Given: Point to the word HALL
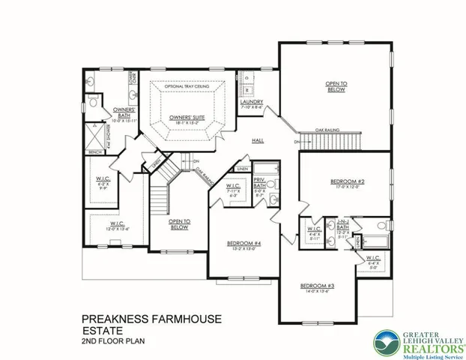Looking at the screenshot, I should pyautogui.click(x=258, y=140).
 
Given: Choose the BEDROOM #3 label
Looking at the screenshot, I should pyautogui.click(x=316, y=286).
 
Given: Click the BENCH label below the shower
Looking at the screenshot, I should pyautogui.click(x=95, y=152).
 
